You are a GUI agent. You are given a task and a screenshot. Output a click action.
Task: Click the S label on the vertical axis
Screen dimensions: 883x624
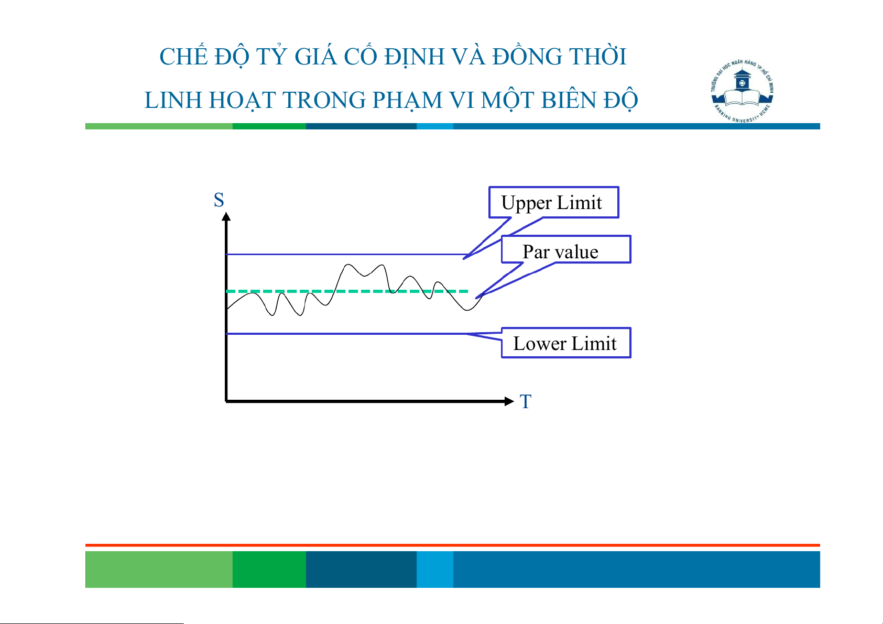219,200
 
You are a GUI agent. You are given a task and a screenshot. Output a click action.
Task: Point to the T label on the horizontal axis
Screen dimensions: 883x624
526,401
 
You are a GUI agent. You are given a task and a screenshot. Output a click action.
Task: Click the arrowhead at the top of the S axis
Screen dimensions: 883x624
226,216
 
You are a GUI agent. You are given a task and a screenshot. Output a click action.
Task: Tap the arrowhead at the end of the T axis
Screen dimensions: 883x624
509,401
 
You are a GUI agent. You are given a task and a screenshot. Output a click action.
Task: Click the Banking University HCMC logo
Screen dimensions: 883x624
742,91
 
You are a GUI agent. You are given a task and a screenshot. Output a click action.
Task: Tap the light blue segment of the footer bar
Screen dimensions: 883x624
435,569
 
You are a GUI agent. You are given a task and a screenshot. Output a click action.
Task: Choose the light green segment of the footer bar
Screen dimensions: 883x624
159,569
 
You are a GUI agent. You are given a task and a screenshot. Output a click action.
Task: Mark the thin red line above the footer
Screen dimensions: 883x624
453,545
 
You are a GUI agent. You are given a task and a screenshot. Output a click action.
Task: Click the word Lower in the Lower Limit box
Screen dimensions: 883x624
540,344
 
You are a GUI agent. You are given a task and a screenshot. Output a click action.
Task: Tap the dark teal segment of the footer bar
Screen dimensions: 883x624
361,569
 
